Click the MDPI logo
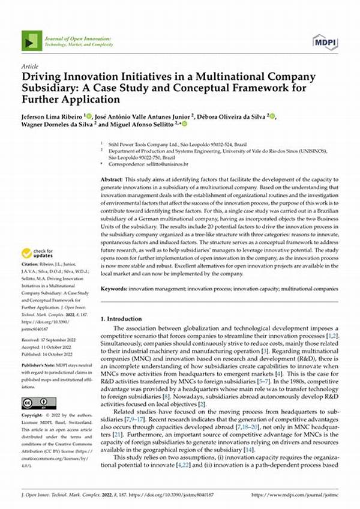point(325,42)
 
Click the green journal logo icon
point(31,41)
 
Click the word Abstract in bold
point(111,180)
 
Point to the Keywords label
point(114,289)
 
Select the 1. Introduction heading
point(125,319)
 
